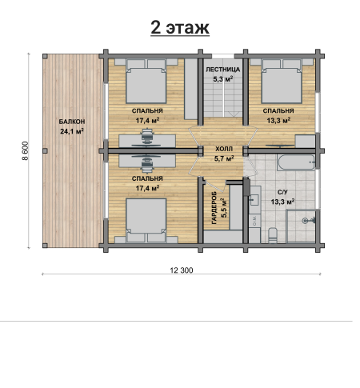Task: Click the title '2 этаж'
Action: pyautogui.click(x=180, y=27)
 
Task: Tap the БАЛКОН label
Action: pyautogui.click(x=72, y=122)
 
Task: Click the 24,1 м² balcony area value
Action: pyautogui.click(x=72, y=131)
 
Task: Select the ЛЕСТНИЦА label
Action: pyautogui.click(x=223, y=70)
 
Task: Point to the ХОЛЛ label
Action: pyautogui.click(x=224, y=149)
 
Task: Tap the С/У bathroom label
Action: pyautogui.click(x=282, y=192)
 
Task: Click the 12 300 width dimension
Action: pyautogui.click(x=182, y=270)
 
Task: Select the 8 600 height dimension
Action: pyautogui.click(x=25, y=150)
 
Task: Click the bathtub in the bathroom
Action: pyautogui.click(x=296, y=162)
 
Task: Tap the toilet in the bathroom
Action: pyautogui.click(x=273, y=235)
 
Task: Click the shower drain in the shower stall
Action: pyautogui.click(x=306, y=221)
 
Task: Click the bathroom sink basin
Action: pyautogui.click(x=254, y=200)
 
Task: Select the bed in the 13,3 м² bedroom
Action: pyautogui.click(x=282, y=81)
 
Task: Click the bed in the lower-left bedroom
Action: pyautogui.click(x=146, y=221)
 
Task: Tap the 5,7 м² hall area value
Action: pyautogui.click(x=224, y=158)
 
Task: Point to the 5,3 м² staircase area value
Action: pyautogui.click(x=223, y=79)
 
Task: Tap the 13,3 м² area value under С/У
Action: pyautogui.click(x=282, y=202)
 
